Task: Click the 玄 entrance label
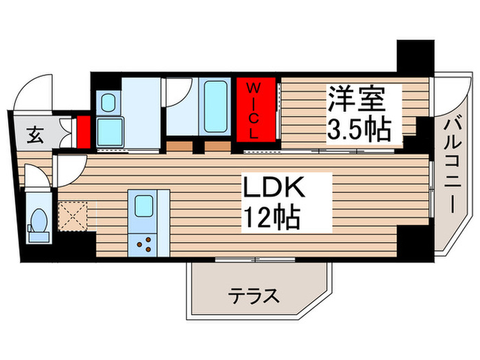(x=32, y=135)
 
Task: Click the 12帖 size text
(x=271, y=218)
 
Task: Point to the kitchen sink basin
(x=143, y=205)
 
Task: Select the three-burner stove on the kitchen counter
(x=144, y=243)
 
